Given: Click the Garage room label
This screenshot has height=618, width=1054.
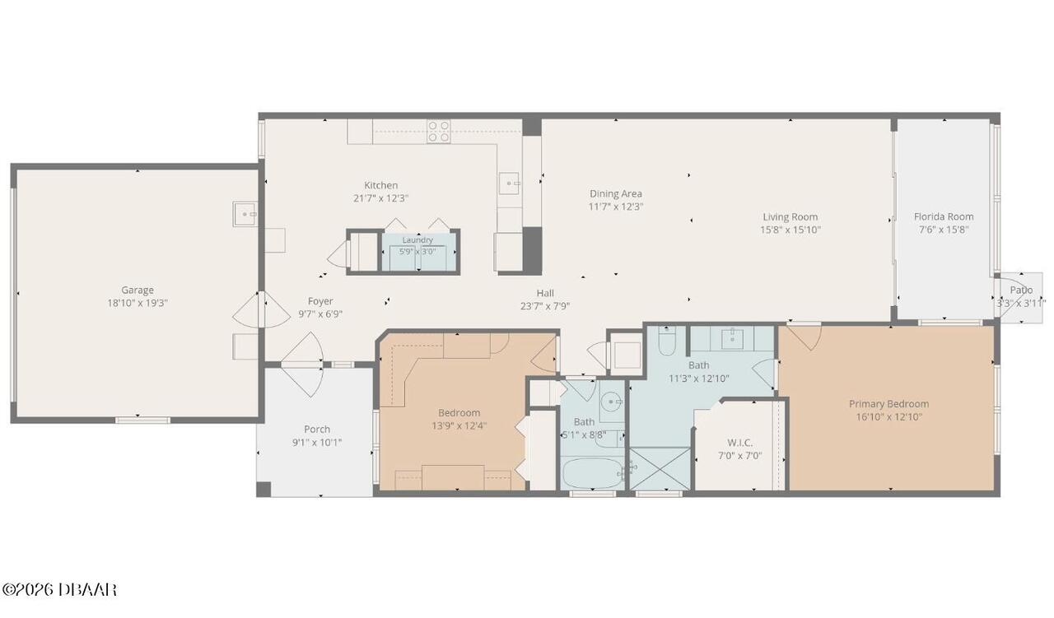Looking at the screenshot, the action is pyautogui.click(x=138, y=290).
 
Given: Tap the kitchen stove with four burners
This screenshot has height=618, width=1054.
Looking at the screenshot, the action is pyautogui.click(x=439, y=131).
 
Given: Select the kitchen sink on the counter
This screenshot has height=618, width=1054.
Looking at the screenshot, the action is pyautogui.click(x=509, y=183).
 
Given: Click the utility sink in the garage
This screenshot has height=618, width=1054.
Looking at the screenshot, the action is pyautogui.click(x=245, y=214).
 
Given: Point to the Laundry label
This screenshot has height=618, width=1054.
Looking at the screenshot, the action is pyautogui.click(x=417, y=239).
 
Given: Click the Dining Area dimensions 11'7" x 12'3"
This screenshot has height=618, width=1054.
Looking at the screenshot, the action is pyautogui.click(x=615, y=207).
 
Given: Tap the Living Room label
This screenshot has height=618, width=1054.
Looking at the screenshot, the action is pyautogui.click(x=790, y=216).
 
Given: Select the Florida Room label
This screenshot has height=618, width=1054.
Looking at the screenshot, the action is pyautogui.click(x=944, y=216).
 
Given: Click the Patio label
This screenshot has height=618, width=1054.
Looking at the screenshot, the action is pyautogui.click(x=1021, y=290).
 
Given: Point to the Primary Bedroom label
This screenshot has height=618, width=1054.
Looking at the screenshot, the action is pyautogui.click(x=888, y=404).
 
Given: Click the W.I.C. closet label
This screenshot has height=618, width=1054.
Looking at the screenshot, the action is pyautogui.click(x=739, y=443).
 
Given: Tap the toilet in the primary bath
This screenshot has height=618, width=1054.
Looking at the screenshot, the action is pyautogui.click(x=667, y=341).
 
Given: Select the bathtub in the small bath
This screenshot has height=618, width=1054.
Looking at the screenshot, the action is pyautogui.click(x=593, y=474).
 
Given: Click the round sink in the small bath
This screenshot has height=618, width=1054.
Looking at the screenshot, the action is pyautogui.click(x=612, y=402).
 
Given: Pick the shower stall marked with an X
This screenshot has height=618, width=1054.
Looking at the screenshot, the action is pyautogui.click(x=660, y=469).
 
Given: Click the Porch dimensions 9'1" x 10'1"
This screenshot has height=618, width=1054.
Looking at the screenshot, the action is pyautogui.click(x=317, y=443).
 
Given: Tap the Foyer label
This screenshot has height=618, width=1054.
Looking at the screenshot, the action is pyautogui.click(x=320, y=301).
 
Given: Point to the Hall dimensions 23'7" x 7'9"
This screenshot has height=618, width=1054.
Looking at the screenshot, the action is pyautogui.click(x=545, y=306).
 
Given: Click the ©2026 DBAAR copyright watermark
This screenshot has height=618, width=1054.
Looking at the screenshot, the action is pyautogui.click(x=59, y=590).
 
